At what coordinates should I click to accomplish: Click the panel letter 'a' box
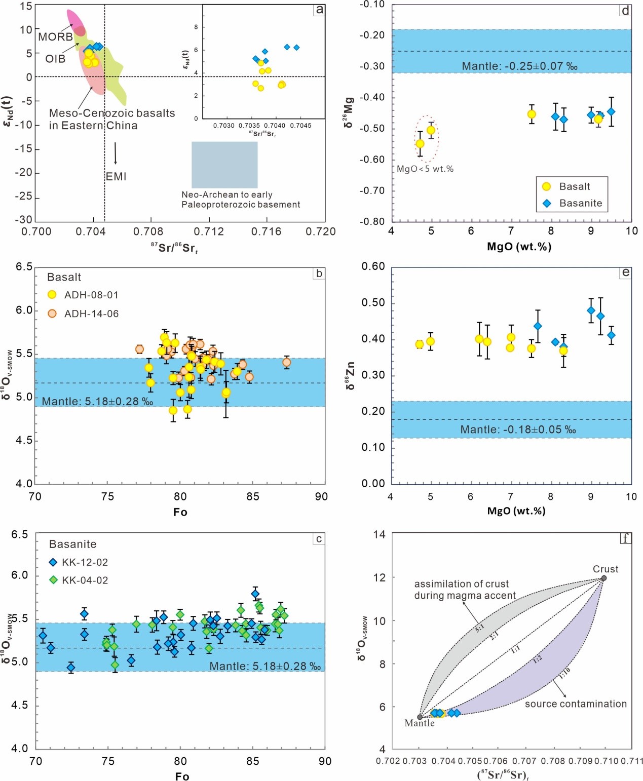319,10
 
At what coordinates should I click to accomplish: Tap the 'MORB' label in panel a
55,37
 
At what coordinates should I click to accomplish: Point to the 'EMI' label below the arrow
116,177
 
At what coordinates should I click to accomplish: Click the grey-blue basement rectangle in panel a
224,165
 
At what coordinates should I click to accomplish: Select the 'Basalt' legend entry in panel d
574,186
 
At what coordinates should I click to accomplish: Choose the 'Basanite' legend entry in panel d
580,203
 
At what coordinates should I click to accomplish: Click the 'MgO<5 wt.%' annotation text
425,169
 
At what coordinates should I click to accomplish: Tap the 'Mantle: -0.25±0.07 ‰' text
519,66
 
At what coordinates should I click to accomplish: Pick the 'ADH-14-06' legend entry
91,314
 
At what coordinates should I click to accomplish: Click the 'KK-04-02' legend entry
85,580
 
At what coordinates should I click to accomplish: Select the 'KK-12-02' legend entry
85,562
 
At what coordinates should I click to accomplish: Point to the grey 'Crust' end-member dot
603,578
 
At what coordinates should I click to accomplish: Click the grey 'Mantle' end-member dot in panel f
420,717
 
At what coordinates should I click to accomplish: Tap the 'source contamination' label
576,704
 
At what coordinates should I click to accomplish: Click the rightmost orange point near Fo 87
287,362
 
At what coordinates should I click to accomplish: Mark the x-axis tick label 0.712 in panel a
209,232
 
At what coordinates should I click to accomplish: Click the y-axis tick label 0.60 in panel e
373,266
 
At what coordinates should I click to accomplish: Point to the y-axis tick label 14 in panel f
379,534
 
